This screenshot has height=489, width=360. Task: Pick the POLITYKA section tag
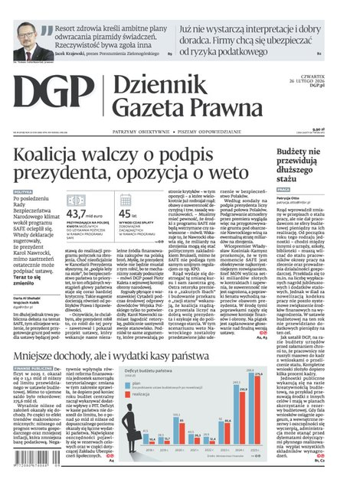(x=23, y=192)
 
